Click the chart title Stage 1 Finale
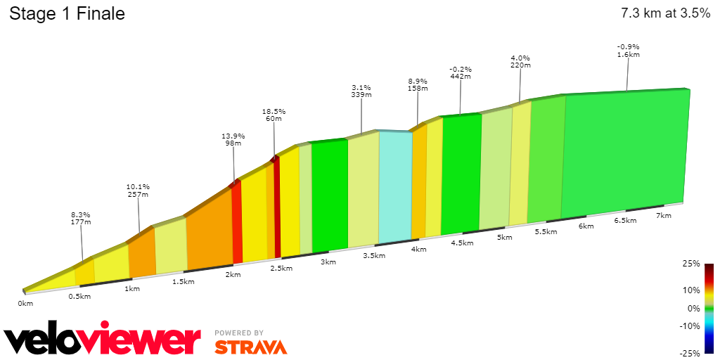[x=67, y=13]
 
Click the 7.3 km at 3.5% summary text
[x=665, y=13]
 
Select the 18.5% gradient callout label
[x=274, y=115]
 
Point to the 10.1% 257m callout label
[x=138, y=191]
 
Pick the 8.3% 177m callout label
[x=82, y=219]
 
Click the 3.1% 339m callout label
[x=361, y=91]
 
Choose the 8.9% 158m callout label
[x=418, y=85]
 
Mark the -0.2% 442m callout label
[x=461, y=73]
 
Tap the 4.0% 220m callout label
[x=520, y=61]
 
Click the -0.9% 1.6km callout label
[x=628, y=51]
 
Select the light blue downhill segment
[x=395, y=186]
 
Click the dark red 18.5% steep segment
[x=277, y=207]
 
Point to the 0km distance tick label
[x=25, y=304]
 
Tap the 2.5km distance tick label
[x=281, y=269]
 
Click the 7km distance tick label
[x=663, y=216]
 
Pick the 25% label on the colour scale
[x=691, y=264]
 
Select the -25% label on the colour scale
[x=690, y=353]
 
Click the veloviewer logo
[x=103, y=340]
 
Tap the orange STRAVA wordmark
[x=250, y=347]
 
